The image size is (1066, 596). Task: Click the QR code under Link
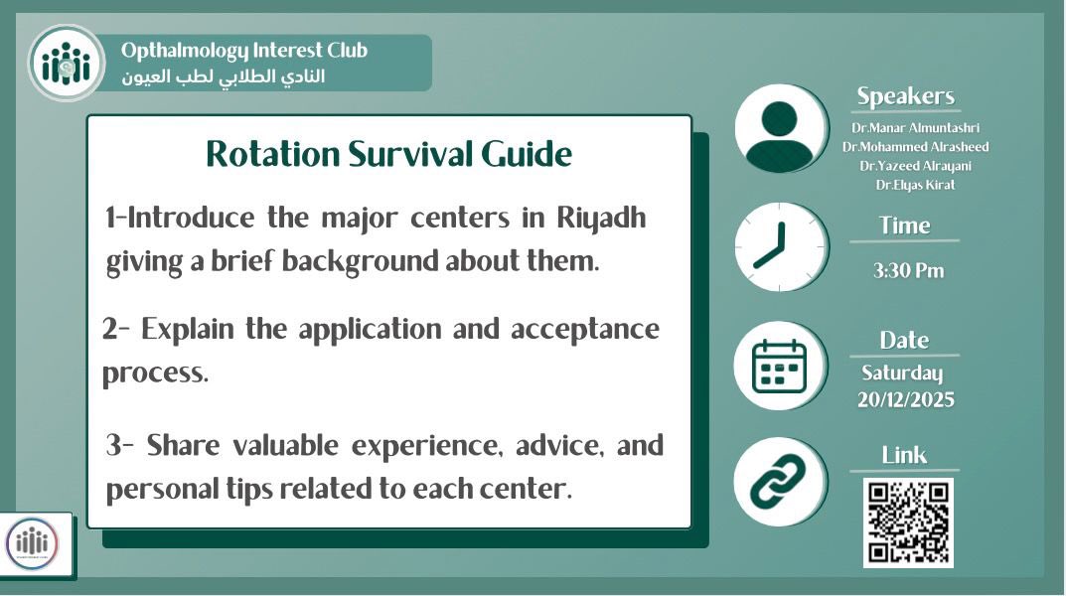(x=908, y=522)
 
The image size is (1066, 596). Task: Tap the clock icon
(x=781, y=247)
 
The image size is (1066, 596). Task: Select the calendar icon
(x=781, y=366)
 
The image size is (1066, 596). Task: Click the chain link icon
(x=781, y=483)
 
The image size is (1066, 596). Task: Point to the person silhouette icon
(x=781, y=130)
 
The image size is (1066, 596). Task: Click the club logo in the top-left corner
(x=66, y=64)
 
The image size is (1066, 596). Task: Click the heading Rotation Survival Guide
(x=388, y=154)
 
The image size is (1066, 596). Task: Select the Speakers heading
(x=905, y=96)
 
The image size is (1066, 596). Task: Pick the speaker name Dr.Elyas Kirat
(x=914, y=185)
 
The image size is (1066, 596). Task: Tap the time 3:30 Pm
(x=908, y=271)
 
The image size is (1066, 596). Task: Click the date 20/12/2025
(x=905, y=399)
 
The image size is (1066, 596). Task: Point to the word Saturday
(x=902, y=373)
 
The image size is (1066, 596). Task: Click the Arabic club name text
(x=223, y=76)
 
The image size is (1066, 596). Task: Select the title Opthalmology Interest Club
(x=243, y=51)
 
